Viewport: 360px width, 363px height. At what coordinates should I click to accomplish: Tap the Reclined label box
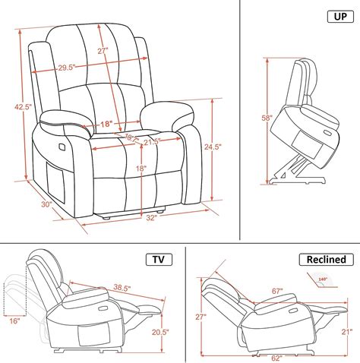click(327, 260)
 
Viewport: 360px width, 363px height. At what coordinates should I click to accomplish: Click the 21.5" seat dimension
click(150, 141)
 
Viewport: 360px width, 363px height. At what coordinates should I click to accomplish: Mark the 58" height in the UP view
click(267, 118)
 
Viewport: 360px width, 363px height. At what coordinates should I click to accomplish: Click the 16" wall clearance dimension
click(13, 322)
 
